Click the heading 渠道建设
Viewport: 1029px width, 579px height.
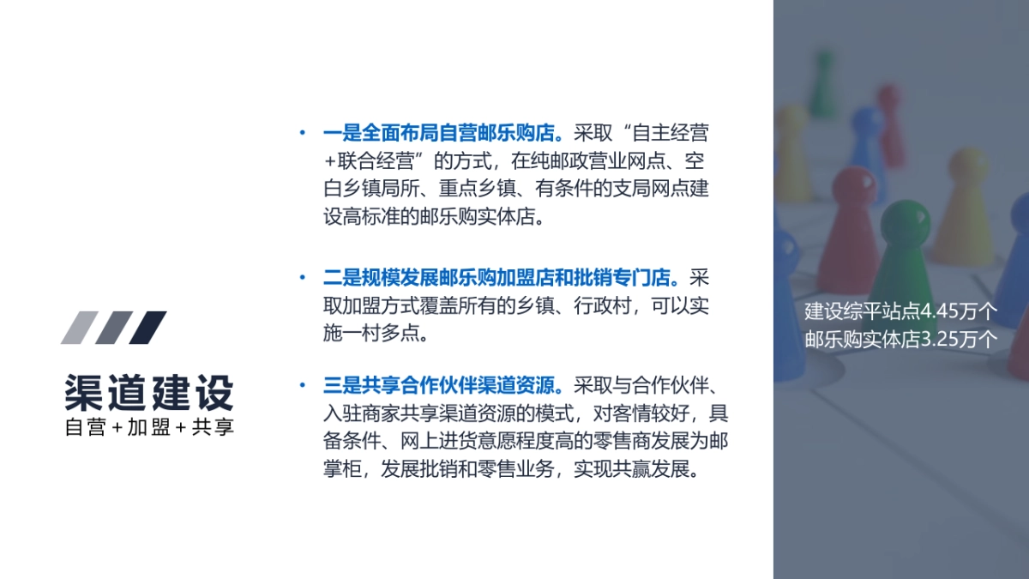tap(149, 394)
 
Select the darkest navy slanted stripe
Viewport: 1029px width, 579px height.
tap(147, 327)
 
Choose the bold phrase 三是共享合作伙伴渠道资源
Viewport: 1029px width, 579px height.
tap(442, 385)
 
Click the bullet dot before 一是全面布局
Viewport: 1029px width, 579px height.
tap(302, 135)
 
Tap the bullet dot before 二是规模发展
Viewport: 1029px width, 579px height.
tap(302, 280)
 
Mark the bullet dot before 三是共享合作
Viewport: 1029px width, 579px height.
tap(302, 385)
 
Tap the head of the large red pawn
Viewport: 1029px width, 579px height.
tap(849, 186)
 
